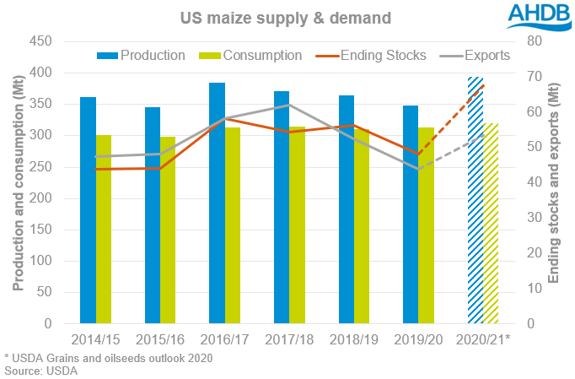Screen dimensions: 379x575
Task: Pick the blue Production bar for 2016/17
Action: [x=217, y=203]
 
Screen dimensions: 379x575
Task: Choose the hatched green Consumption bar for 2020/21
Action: [x=492, y=223]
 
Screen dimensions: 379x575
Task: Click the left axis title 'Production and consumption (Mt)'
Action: [x=17, y=182]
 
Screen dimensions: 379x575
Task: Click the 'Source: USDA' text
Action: [x=40, y=371]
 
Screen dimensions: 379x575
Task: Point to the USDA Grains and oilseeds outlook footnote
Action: [x=107, y=358]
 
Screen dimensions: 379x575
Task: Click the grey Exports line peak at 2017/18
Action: [x=288, y=105]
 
